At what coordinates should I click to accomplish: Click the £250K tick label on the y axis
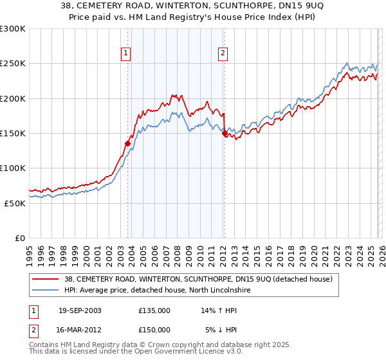click(x=13, y=64)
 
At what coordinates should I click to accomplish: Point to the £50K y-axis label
click(x=15, y=203)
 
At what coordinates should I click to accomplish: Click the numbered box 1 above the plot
click(x=125, y=53)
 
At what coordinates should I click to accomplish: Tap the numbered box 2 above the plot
click(x=223, y=53)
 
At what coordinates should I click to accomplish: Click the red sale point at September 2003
click(x=128, y=144)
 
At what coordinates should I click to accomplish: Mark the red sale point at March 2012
click(x=225, y=134)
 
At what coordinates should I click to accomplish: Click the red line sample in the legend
click(x=46, y=280)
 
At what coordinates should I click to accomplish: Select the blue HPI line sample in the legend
click(x=46, y=291)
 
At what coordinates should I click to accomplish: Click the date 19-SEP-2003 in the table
click(x=80, y=310)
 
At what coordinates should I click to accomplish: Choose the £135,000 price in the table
click(x=154, y=310)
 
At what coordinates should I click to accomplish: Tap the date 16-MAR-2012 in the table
click(x=80, y=330)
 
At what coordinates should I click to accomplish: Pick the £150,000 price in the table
click(x=154, y=330)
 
